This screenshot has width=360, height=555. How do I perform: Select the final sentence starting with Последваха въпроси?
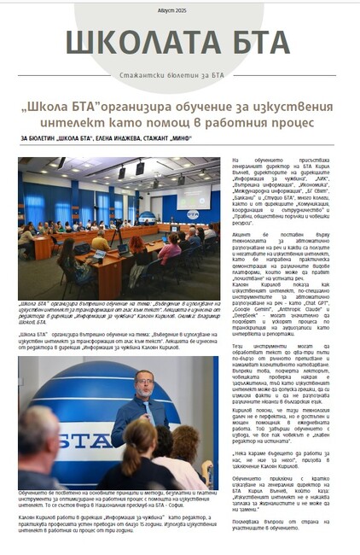(282, 517)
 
